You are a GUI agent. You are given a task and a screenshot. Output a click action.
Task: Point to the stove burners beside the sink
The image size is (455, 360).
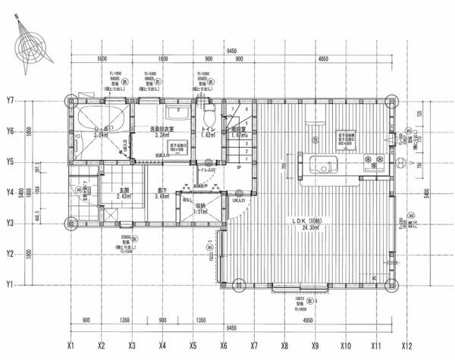tap(374, 160)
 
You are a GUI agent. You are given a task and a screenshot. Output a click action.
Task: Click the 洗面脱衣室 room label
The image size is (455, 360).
tap(162, 130)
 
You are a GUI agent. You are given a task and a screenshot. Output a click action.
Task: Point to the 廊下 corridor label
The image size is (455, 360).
tap(160, 191)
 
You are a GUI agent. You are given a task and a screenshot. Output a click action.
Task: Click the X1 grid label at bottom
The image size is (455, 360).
tap(70, 343)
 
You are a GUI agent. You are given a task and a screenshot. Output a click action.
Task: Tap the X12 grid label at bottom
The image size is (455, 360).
tap(407, 343)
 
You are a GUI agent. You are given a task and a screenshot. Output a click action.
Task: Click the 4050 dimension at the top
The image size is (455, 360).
tap(323, 58)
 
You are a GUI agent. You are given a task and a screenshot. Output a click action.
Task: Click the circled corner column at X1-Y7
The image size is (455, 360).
tap(71, 100)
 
